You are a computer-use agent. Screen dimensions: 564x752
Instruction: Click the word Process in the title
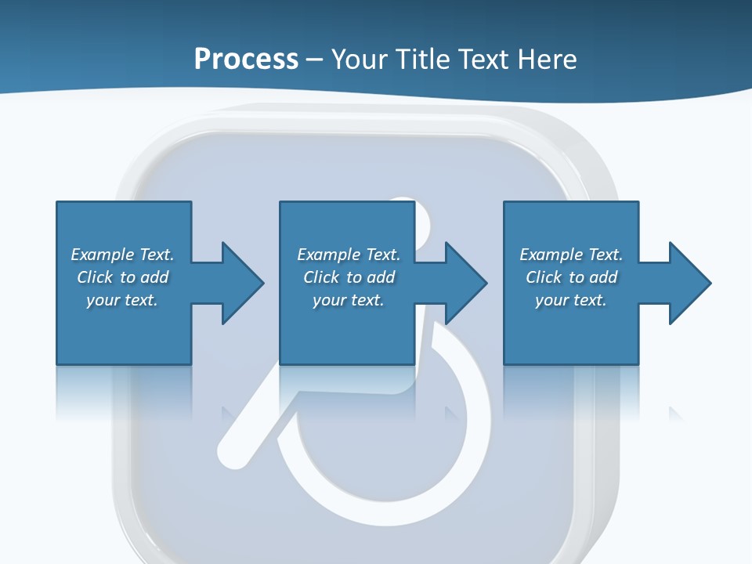point(246,60)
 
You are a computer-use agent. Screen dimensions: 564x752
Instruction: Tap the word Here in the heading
point(544,60)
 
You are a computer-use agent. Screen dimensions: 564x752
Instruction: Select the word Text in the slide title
point(482,60)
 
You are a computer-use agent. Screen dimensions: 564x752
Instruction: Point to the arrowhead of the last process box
point(689,283)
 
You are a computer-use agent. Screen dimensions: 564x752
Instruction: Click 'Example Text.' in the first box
point(122,255)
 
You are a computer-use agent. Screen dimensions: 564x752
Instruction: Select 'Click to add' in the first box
point(122,277)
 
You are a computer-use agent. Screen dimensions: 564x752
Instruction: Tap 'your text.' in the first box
point(122,300)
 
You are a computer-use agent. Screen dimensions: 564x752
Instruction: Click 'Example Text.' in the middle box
point(349,255)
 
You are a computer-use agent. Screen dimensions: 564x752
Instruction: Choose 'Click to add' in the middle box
point(349,277)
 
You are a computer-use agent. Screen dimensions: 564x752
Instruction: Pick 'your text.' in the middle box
point(349,300)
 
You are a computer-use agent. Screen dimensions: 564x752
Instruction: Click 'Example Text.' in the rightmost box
point(571,255)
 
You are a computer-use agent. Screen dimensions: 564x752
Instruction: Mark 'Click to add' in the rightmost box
point(571,277)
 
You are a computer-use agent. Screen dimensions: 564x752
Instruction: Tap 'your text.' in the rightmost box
point(571,300)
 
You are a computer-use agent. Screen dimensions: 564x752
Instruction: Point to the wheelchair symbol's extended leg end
point(230,455)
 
